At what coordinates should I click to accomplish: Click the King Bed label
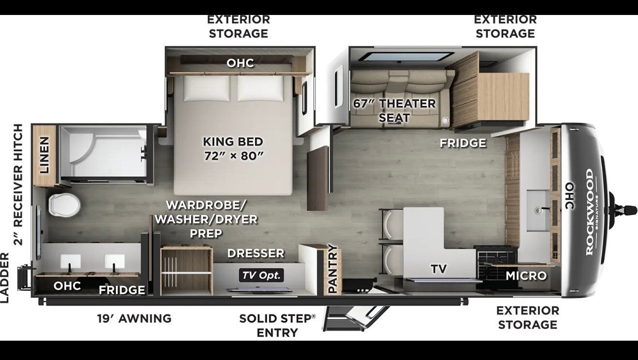click(233, 149)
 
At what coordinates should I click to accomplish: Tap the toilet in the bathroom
click(64, 205)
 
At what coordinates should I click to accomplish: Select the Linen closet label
click(44, 155)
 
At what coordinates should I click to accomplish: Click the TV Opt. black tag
click(261, 275)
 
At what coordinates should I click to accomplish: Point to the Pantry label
click(333, 269)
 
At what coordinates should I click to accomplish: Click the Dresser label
click(256, 253)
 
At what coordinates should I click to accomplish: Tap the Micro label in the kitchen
click(526, 276)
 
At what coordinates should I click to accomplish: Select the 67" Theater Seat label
click(394, 111)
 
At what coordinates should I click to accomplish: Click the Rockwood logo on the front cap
click(590, 212)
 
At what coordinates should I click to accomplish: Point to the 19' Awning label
click(134, 318)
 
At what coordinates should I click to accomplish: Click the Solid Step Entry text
click(277, 326)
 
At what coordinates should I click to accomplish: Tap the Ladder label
click(5, 278)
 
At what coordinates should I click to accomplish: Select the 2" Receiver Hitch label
click(18, 185)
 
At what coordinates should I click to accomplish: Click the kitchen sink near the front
click(538, 211)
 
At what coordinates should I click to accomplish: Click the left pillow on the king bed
click(206, 88)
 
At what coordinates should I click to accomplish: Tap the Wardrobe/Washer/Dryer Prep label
click(206, 219)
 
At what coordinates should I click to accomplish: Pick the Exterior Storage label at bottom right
click(527, 317)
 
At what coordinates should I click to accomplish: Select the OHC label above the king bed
click(240, 63)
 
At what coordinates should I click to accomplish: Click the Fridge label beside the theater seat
click(463, 143)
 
